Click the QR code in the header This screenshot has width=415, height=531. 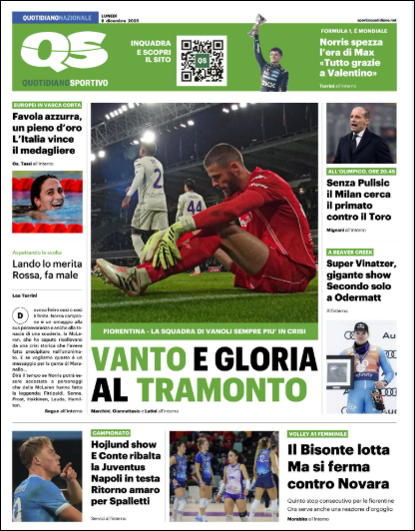202,60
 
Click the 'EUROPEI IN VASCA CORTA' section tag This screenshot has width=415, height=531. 46,105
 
